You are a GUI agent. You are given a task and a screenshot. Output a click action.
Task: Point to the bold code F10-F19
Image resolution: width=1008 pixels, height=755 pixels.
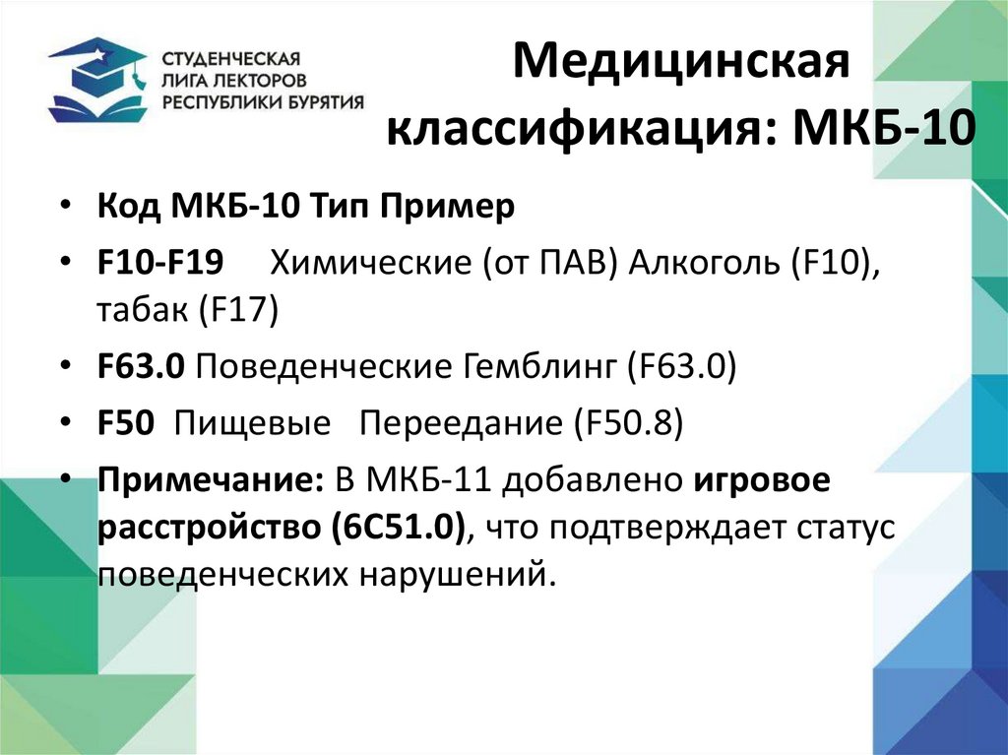pos(159,264)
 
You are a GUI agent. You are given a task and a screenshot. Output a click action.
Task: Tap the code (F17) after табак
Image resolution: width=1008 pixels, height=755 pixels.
pos(239,311)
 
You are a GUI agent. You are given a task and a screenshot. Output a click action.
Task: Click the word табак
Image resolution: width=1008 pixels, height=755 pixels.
pos(142,311)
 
